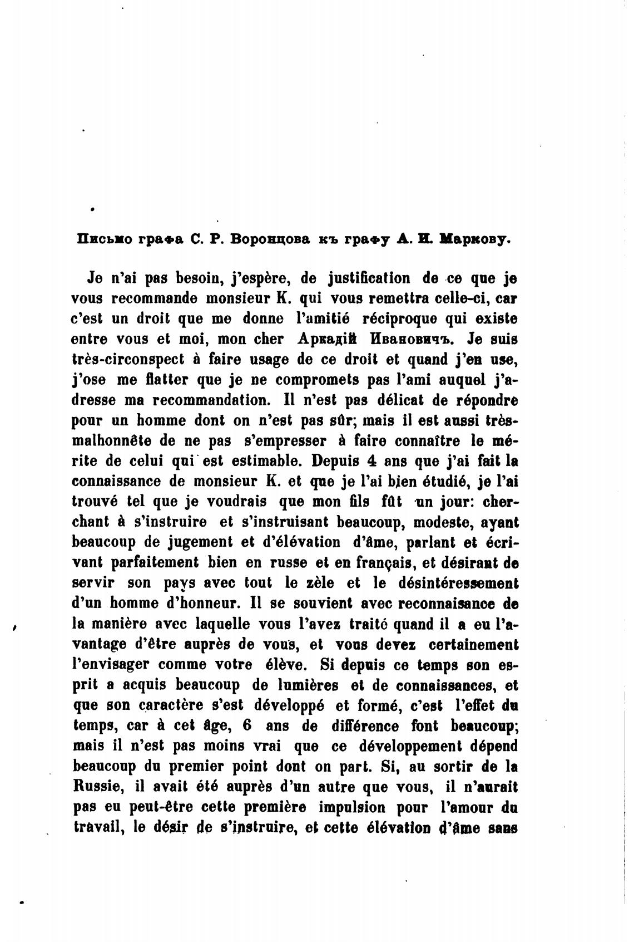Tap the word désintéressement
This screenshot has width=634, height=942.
(458, 583)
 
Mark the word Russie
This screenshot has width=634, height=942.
(97, 787)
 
